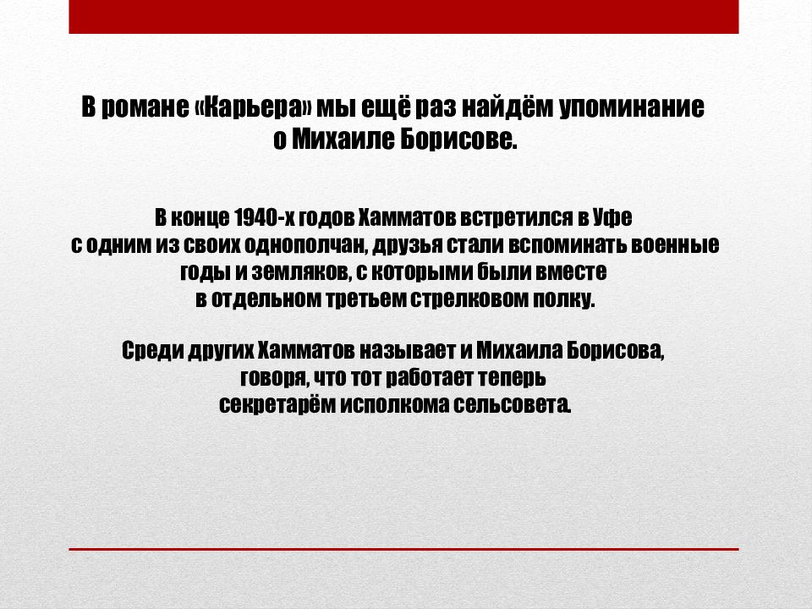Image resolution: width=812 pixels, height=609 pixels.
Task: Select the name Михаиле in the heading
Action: click(x=343, y=139)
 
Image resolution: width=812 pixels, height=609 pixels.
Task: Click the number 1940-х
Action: click(x=264, y=217)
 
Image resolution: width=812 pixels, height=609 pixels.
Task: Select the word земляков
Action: click(x=299, y=272)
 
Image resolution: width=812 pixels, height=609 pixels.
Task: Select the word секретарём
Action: click(x=277, y=404)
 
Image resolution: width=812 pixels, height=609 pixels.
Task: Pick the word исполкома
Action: click(x=395, y=405)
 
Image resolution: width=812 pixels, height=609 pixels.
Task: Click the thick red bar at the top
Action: click(x=404, y=17)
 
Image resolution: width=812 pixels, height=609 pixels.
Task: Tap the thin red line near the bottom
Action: click(x=404, y=549)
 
